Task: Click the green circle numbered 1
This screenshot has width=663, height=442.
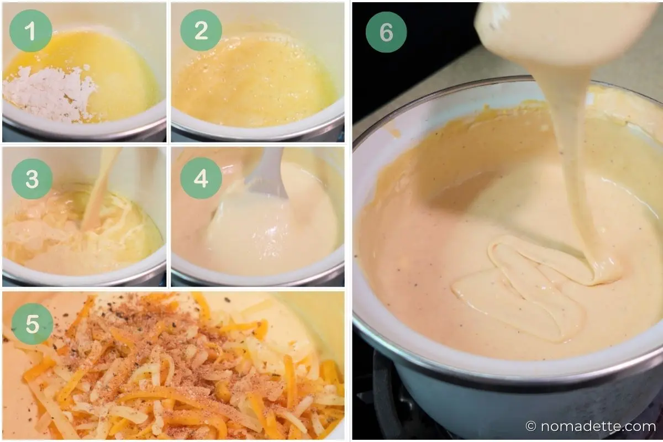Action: click(x=31, y=31)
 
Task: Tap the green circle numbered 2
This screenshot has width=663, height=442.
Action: click(x=201, y=30)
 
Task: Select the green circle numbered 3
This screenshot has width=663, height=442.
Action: click(x=32, y=179)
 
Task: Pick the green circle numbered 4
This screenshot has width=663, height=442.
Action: click(x=201, y=178)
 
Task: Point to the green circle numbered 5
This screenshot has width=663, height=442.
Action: click(x=32, y=324)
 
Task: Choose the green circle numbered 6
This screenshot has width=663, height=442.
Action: click(x=386, y=32)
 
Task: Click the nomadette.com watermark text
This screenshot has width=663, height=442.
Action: click(x=598, y=427)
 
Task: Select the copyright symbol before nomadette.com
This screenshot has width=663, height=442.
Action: click(x=531, y=427)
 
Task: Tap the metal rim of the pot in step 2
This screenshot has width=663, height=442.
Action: click(x=258, y=130)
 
